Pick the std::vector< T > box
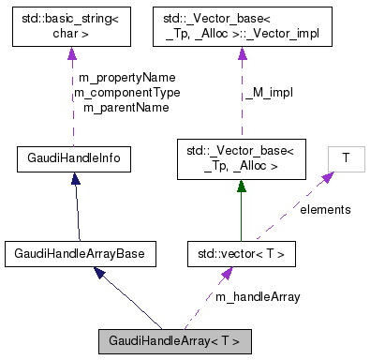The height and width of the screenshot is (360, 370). point(243,252)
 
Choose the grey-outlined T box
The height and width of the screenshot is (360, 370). point(346,159)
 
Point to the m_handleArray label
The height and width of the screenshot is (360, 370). point(258,296)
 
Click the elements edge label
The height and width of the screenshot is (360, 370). point(325,209)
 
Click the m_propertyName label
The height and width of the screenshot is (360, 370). point(126,78)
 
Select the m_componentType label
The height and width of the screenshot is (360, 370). point(126,93)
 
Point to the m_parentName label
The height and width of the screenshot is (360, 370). point(126,108)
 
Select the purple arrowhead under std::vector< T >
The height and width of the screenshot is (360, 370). point(226,275)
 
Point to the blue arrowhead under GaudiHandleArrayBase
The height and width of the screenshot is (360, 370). point(98,274)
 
